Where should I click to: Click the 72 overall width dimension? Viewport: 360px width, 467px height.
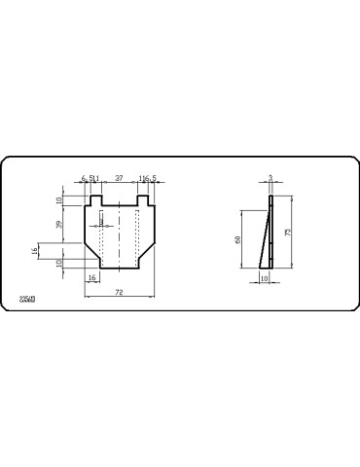point(119,292)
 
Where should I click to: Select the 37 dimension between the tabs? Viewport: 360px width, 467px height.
point(120,178)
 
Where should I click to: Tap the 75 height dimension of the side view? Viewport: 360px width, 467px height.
point(289,233)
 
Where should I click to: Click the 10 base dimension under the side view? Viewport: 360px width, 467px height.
point(265,278)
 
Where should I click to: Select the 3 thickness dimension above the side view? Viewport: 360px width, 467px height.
point(270,178)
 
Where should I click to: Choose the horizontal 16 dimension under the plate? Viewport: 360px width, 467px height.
point(92,278)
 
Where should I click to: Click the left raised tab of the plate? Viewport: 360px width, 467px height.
point(95,199)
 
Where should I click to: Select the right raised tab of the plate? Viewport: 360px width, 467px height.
point(143,199)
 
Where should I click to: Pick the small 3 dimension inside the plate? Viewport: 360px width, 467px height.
point(103,221)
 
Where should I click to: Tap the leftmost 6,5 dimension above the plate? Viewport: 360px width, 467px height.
point(85,178)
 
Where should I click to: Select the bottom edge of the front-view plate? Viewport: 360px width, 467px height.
point(119,268)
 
